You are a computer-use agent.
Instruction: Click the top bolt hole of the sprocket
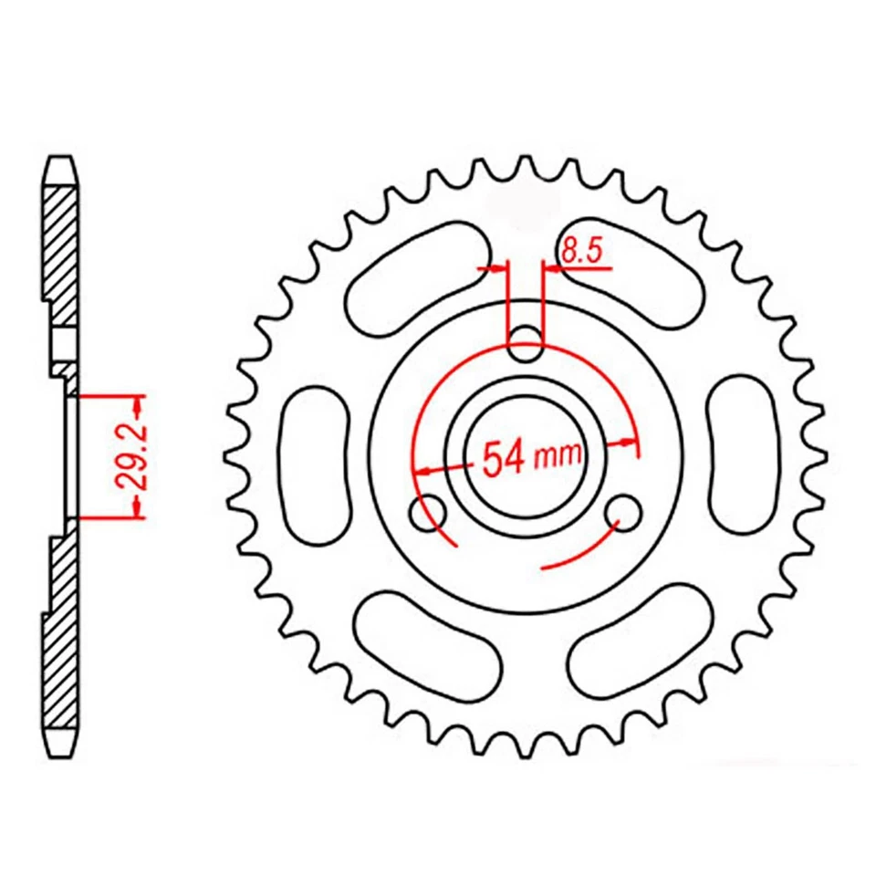click(525, 345)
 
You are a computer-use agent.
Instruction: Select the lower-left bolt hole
click(428, 515)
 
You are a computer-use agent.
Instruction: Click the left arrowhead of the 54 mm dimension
click(422, 471)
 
